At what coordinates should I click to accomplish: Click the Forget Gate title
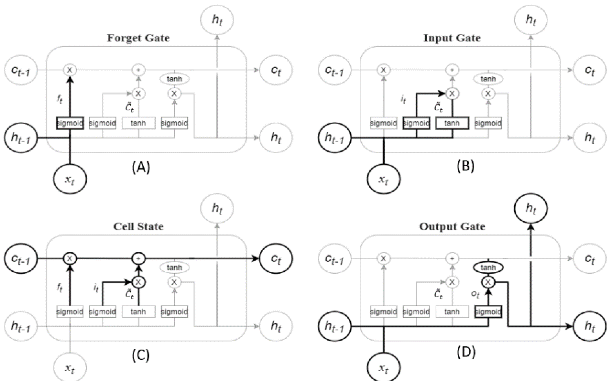click(x=138, y=38)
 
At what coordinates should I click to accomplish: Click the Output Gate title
click(x=452, y=226)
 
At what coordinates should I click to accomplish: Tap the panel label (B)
click(x=465, y=167)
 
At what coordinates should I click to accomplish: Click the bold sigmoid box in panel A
click(x=70, y=123)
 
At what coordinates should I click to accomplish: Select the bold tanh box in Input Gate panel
click(x=452, y=123)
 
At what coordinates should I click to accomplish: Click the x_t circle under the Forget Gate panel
click(x=70, y=179)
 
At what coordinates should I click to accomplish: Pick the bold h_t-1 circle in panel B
click(x=335, y=138)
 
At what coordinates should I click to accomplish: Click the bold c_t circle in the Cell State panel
click(x=276, y=258)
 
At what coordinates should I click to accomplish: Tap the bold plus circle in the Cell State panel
click(x=139, y=258)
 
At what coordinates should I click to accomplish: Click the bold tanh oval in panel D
click(x=488, y=267)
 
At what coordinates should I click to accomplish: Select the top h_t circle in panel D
click(x=531, y=208)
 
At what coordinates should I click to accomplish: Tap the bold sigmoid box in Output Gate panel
click(x=488, y=312)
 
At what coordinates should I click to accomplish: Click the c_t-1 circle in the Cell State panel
click(x=21, y=258)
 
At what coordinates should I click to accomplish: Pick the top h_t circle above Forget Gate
click(x=217, y=20)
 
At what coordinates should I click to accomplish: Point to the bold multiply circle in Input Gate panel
click(x=452, y=94)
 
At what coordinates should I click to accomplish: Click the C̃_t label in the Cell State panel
click(x=129, y=294)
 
